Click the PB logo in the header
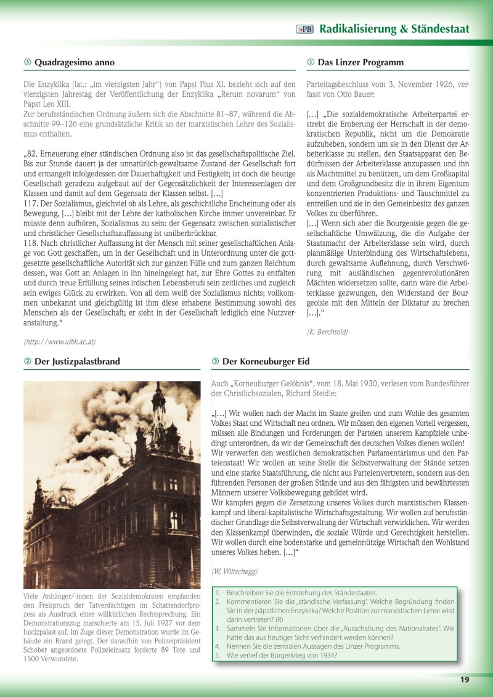(x=304, y=29)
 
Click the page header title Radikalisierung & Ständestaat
(x=394, y=29)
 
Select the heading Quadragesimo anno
(x=74, y=62)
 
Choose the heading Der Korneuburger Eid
(x=266, y=361)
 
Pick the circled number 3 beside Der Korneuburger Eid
(x=215, y=361)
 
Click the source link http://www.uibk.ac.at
(x=59, y=341)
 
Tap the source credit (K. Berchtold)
(x=327, y=332)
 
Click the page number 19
(x=464, y=679)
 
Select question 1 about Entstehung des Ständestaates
(x=301, y=592)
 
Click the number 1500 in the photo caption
(x=35, y=658)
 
